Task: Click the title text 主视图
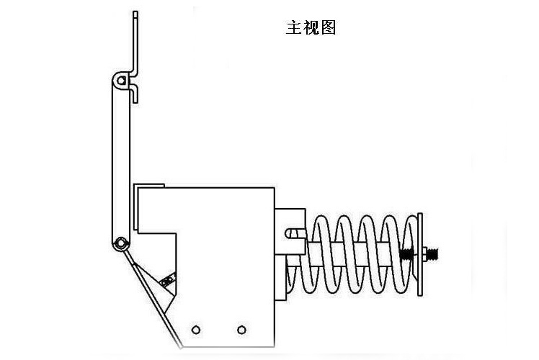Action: click(311, 27)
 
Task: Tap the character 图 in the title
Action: click(328, 27)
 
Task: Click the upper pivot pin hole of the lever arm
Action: click(124, 78)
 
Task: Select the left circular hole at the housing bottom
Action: click(195, 330)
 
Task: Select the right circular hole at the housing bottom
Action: click(241, 330)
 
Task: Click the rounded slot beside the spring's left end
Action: click(294, 233)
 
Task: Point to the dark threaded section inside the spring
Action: click(405, 254)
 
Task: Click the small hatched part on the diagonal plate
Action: click(169, 280)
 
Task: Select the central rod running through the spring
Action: click(353, 253)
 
